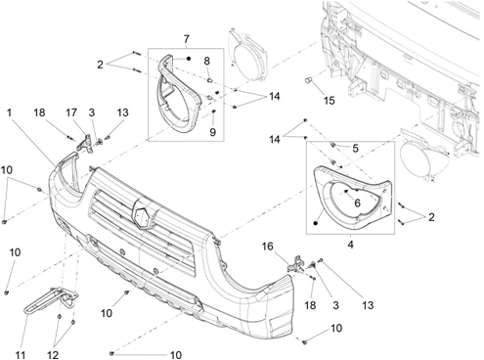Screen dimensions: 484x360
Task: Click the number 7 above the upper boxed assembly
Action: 186,39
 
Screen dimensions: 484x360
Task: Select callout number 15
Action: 330,101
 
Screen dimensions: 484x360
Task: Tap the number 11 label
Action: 21,354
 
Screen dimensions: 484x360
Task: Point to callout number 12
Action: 53,354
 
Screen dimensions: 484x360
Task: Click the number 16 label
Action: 267,247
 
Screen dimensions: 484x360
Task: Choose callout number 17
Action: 71,112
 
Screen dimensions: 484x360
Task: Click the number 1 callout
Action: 9,112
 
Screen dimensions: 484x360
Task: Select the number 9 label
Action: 212,132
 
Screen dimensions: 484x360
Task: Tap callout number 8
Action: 207,61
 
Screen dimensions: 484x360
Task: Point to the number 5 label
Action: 355,149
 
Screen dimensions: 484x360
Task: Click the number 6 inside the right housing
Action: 357,202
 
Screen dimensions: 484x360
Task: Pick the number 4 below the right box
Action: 350,244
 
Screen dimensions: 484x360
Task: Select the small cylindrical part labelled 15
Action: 309,79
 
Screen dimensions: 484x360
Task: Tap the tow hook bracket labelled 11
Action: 52,300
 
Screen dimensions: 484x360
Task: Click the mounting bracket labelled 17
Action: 84,144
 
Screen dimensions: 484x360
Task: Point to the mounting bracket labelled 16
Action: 296,264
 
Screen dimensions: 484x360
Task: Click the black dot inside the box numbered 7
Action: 189,59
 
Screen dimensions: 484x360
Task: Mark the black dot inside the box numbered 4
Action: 315,223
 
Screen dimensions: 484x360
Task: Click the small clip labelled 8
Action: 210,80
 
